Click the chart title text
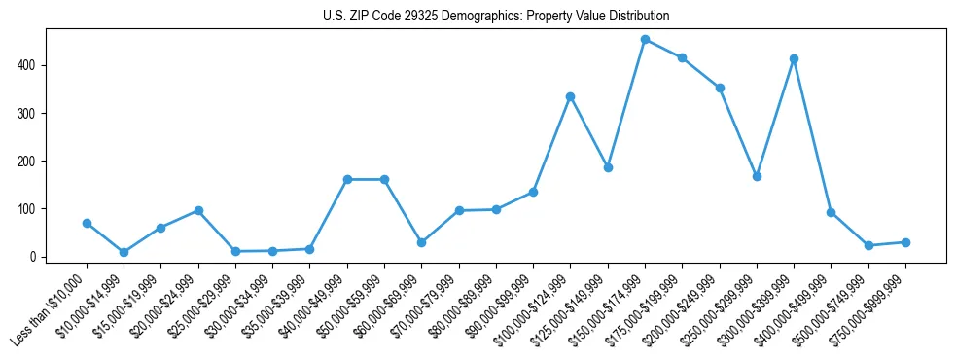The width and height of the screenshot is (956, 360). click(x=496, y=17)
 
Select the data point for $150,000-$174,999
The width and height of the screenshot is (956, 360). click(x=645, y=40)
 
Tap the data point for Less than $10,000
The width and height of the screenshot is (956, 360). click(x=87, y=223)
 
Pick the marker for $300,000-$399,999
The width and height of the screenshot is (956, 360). click(x=794, y=58)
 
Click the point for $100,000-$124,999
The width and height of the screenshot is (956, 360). click(x=570, y=96)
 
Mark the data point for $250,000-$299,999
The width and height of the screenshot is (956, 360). click(x=757, y=176)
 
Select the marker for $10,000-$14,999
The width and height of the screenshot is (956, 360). click(x=124, y=252)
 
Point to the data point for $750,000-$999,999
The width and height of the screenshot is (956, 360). click(x=905, y=242)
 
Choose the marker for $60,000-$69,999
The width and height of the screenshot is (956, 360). click(x=421, y=242)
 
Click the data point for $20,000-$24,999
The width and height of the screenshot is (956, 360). click(x=198, y=210)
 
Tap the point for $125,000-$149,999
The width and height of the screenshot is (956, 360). click(x=608, y=167)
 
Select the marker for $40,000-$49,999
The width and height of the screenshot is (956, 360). click(x=347, y=179)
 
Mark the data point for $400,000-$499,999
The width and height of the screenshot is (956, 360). click(x=831, y=212)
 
